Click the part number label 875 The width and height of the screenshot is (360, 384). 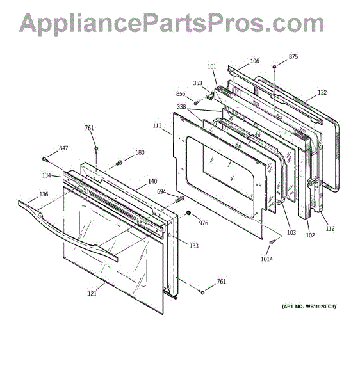pyautogui.click(x=293, y=57)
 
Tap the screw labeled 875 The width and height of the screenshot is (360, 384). pyautogui.click(x=274, y=67)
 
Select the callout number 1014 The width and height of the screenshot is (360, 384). pyautogui.click(x=266, y=259)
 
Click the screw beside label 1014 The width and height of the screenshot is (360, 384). pyautogui.click(x=272, y=242)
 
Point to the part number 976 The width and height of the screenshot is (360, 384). pyautogui.click(x=203, y=223)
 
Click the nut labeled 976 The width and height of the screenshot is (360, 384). pyautogui.click(x=189, y=213)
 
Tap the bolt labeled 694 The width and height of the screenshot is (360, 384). pyautogui.click(x=179, y=199)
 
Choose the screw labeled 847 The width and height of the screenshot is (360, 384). pyautogui.click(x=45, y=159)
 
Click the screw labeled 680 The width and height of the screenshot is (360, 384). pyautogui.click(x=119, y=163)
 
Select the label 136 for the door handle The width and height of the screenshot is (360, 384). pyautogui.click(x=44, y=195)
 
